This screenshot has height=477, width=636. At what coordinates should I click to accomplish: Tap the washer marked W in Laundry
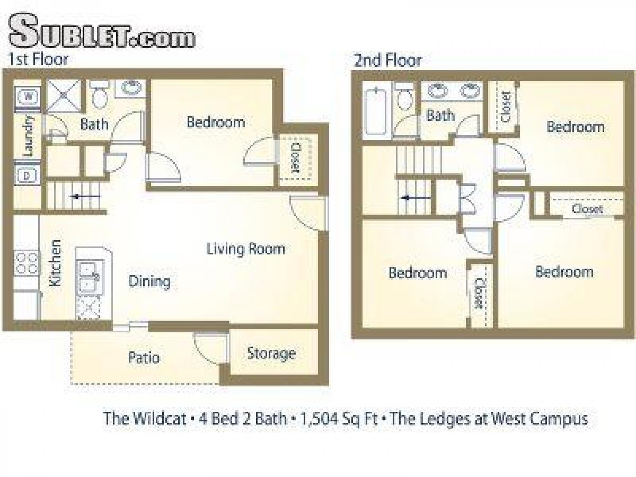click(28, 96)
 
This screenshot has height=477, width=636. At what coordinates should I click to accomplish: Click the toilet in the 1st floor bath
click(99, 94)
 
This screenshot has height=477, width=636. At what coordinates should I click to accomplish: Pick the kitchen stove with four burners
click(26, 263)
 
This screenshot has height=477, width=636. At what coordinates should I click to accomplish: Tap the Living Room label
click(245, 249)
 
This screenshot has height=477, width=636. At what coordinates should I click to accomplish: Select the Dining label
click(149, 281)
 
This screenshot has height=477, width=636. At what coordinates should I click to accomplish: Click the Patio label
click(144, 358)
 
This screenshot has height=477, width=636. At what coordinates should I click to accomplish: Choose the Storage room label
click(271, 354)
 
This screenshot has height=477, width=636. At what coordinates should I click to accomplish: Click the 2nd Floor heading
click(387, 60)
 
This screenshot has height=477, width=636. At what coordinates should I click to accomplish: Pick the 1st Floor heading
click(38, 59)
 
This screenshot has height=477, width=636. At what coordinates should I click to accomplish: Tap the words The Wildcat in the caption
click(145, 419)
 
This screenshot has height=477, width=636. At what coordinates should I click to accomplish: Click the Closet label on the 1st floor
click(295, 158)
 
